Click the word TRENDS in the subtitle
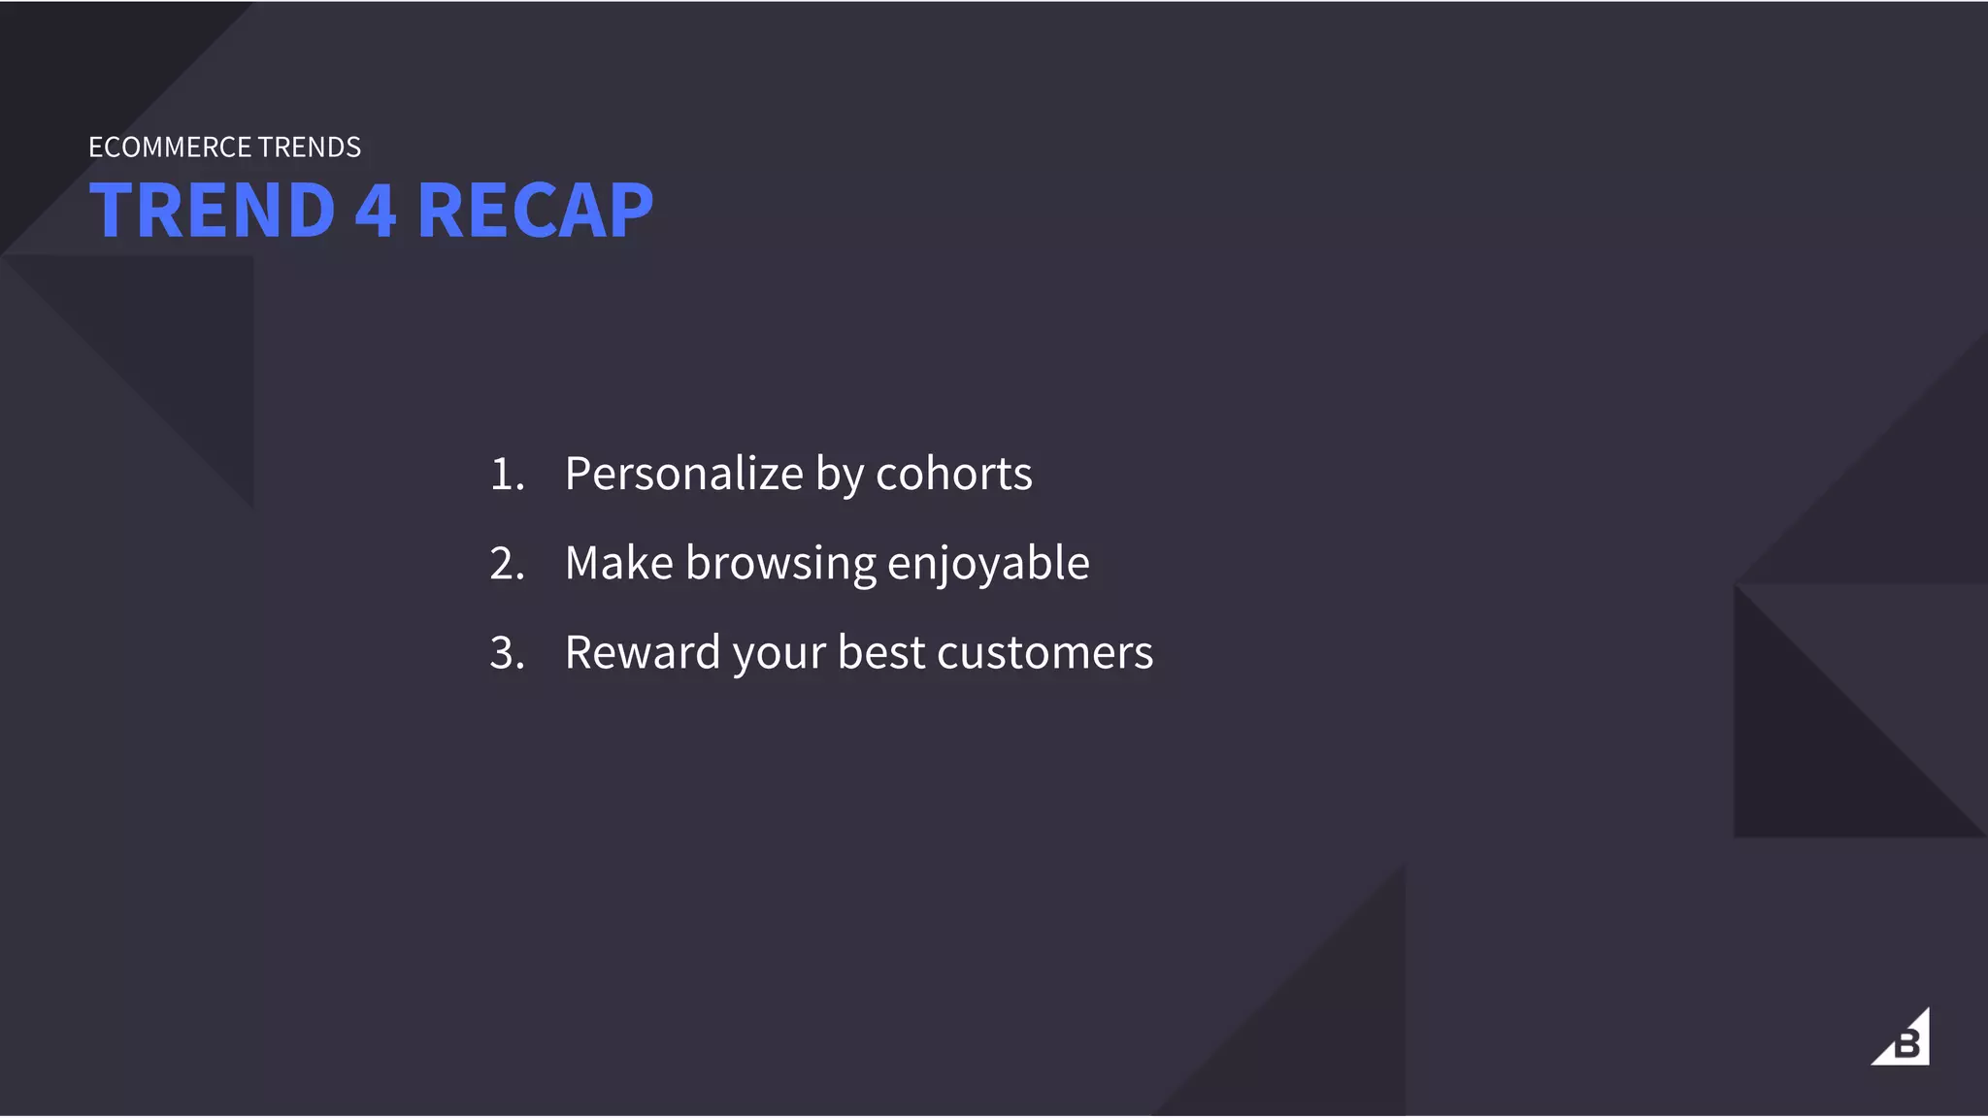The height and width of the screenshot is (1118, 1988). (310, 148)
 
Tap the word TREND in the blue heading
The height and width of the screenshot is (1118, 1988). (213, 211)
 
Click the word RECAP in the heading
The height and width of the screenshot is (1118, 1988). (535, 211)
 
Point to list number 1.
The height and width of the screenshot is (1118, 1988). (506, 475)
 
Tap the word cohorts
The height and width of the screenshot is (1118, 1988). (953, 475)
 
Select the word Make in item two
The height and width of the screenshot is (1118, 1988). (618, 564)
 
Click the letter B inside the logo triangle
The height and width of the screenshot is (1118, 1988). (1907, 1045)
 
